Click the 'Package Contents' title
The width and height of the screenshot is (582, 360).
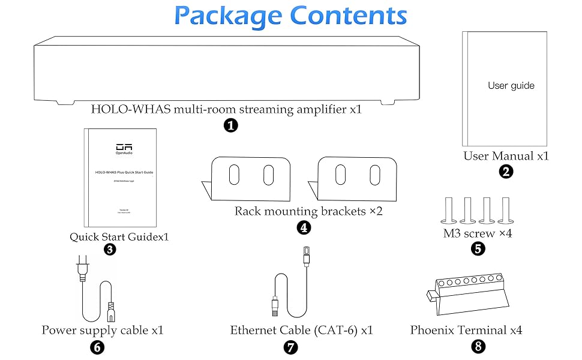pos(291,16)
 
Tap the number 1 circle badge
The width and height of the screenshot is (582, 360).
pos(230,125)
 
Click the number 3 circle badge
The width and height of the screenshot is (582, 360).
pos(110,250)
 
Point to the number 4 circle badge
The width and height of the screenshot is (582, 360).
pos(304,227)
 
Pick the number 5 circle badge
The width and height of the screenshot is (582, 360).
pos(478,248)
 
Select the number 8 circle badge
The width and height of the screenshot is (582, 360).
pos(478,346)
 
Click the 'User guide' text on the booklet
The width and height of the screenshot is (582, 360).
pos(511,86)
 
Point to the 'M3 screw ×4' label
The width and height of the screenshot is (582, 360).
pos(478,233)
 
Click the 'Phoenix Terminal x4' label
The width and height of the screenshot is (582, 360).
pos(466,330)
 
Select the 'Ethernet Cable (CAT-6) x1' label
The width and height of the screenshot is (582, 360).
pos(302,330)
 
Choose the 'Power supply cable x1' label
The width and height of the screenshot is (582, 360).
pos(103,330)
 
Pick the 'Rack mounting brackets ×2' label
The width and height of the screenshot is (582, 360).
pos(308,211)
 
